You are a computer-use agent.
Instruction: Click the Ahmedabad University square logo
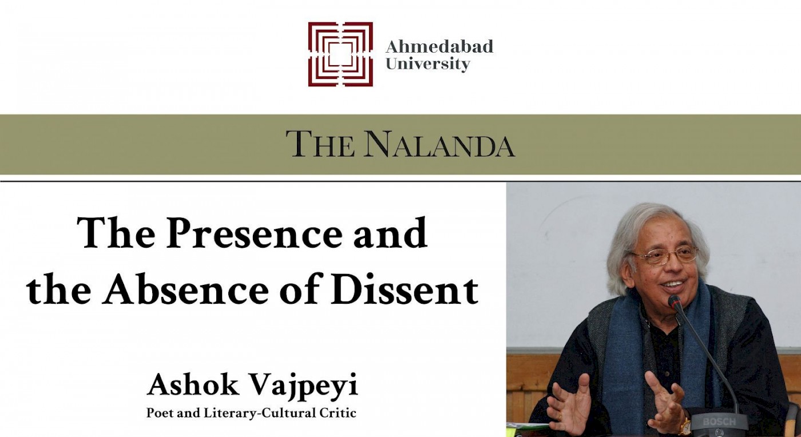(x=340, y=54)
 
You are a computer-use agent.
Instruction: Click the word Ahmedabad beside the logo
(x=439, y=46)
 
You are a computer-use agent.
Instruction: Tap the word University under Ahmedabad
(x=428, y=65)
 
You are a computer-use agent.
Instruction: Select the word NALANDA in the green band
(x=439, y=145)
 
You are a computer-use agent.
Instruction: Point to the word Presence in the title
(x=254, y=233)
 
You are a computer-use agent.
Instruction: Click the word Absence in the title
(x=185, y=289)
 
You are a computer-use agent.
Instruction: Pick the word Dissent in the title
(x=405, y=289)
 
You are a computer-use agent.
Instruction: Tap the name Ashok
(x=193, y=385)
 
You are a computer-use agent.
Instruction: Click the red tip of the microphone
(x=674, y=302)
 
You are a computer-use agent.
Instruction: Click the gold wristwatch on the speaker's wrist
(x=684, y=425)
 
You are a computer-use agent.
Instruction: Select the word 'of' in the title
(x=299, y=289)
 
